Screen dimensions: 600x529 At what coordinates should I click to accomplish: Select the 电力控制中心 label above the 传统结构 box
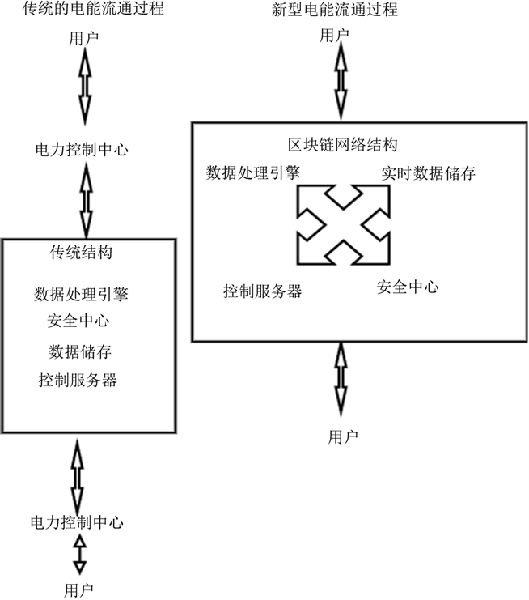pyautogui.click(x=81, y=150)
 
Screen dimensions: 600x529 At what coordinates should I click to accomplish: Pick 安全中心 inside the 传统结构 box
pyautogui.click(x=78, y=321)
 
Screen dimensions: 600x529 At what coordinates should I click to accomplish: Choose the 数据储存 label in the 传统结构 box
pyautogui.click(x=78, y=351)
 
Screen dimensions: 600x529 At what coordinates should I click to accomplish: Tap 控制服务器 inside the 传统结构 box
pyautogui.click(x=78, y=379)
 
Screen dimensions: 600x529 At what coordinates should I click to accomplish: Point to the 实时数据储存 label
pyautogui.click(x=428, y=173)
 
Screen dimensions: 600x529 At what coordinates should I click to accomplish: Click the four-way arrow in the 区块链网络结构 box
pyautogui.click(x=344, y=223)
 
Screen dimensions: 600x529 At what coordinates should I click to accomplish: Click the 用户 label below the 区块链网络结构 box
pyautogui.click(x=343, y=436)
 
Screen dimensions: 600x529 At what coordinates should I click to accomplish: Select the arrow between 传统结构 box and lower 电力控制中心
pyautogui.click(x=78, y=473)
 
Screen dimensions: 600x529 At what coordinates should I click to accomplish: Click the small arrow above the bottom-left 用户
pyautogui.click(x=78, y=554)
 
